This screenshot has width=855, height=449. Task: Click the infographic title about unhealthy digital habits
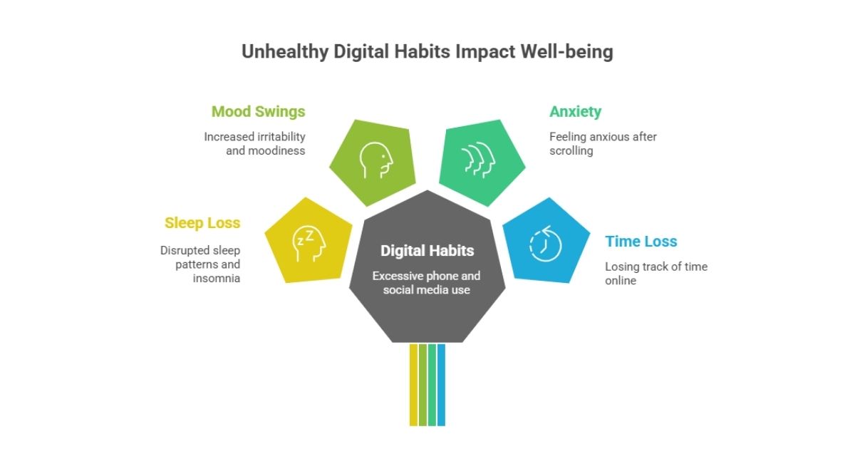427,52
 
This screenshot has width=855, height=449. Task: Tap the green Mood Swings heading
258,111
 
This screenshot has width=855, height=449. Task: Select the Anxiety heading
575,111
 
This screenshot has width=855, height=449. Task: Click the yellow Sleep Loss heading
202,223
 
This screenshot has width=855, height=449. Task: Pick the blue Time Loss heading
641,242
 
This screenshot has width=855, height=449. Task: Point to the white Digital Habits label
427,251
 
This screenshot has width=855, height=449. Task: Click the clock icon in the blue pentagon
545,244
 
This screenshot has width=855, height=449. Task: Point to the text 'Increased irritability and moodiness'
254,143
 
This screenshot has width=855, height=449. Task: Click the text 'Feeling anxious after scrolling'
603,143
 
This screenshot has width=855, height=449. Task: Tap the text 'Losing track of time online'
655,274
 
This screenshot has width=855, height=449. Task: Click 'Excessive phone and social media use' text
427,282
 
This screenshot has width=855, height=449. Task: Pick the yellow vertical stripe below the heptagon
413,385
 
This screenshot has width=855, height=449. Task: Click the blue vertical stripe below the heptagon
441,385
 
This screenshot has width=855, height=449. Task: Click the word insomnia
217,278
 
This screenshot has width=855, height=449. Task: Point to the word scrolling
571,151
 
